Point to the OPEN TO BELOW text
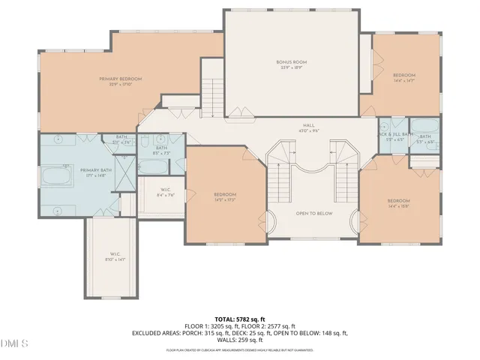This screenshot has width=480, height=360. [313, 213]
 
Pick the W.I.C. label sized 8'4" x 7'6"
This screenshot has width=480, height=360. [167, 191]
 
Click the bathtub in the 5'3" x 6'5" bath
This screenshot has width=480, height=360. [424, 128]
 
